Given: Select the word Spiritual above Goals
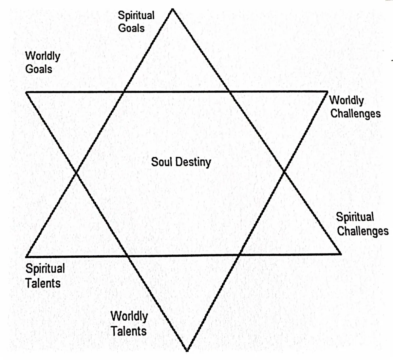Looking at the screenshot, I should click(136, 16).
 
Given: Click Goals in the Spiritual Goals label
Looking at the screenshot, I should click(131, 28).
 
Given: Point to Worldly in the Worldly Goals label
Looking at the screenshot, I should click(43, 56).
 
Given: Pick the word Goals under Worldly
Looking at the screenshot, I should click(39, 69).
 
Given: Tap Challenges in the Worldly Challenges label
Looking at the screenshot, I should click(355, 113).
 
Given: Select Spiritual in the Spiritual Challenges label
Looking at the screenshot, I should click(355, 217).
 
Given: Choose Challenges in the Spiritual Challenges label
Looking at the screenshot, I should click(363, 231).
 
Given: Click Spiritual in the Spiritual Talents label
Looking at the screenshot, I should click(45, 269).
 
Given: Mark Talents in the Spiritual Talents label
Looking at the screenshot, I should click(43, 283).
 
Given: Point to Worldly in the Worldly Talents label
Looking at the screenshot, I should click(129, 316).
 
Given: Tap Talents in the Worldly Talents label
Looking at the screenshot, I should click(128, 331).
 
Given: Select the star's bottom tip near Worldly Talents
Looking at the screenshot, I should click(187, 350).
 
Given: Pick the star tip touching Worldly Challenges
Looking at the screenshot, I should click(327, 91).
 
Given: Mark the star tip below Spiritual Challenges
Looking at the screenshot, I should click(341, 253).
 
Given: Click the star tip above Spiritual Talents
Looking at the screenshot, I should click(27, 256).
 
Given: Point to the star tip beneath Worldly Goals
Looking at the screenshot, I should click(27, 92).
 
